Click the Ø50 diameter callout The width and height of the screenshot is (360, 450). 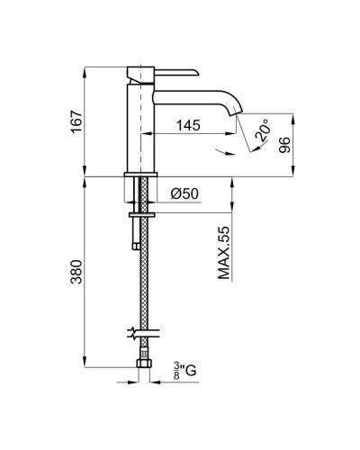[184, 193]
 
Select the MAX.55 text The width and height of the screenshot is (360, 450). [226, 256]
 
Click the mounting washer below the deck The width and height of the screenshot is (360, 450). [141, 214]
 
